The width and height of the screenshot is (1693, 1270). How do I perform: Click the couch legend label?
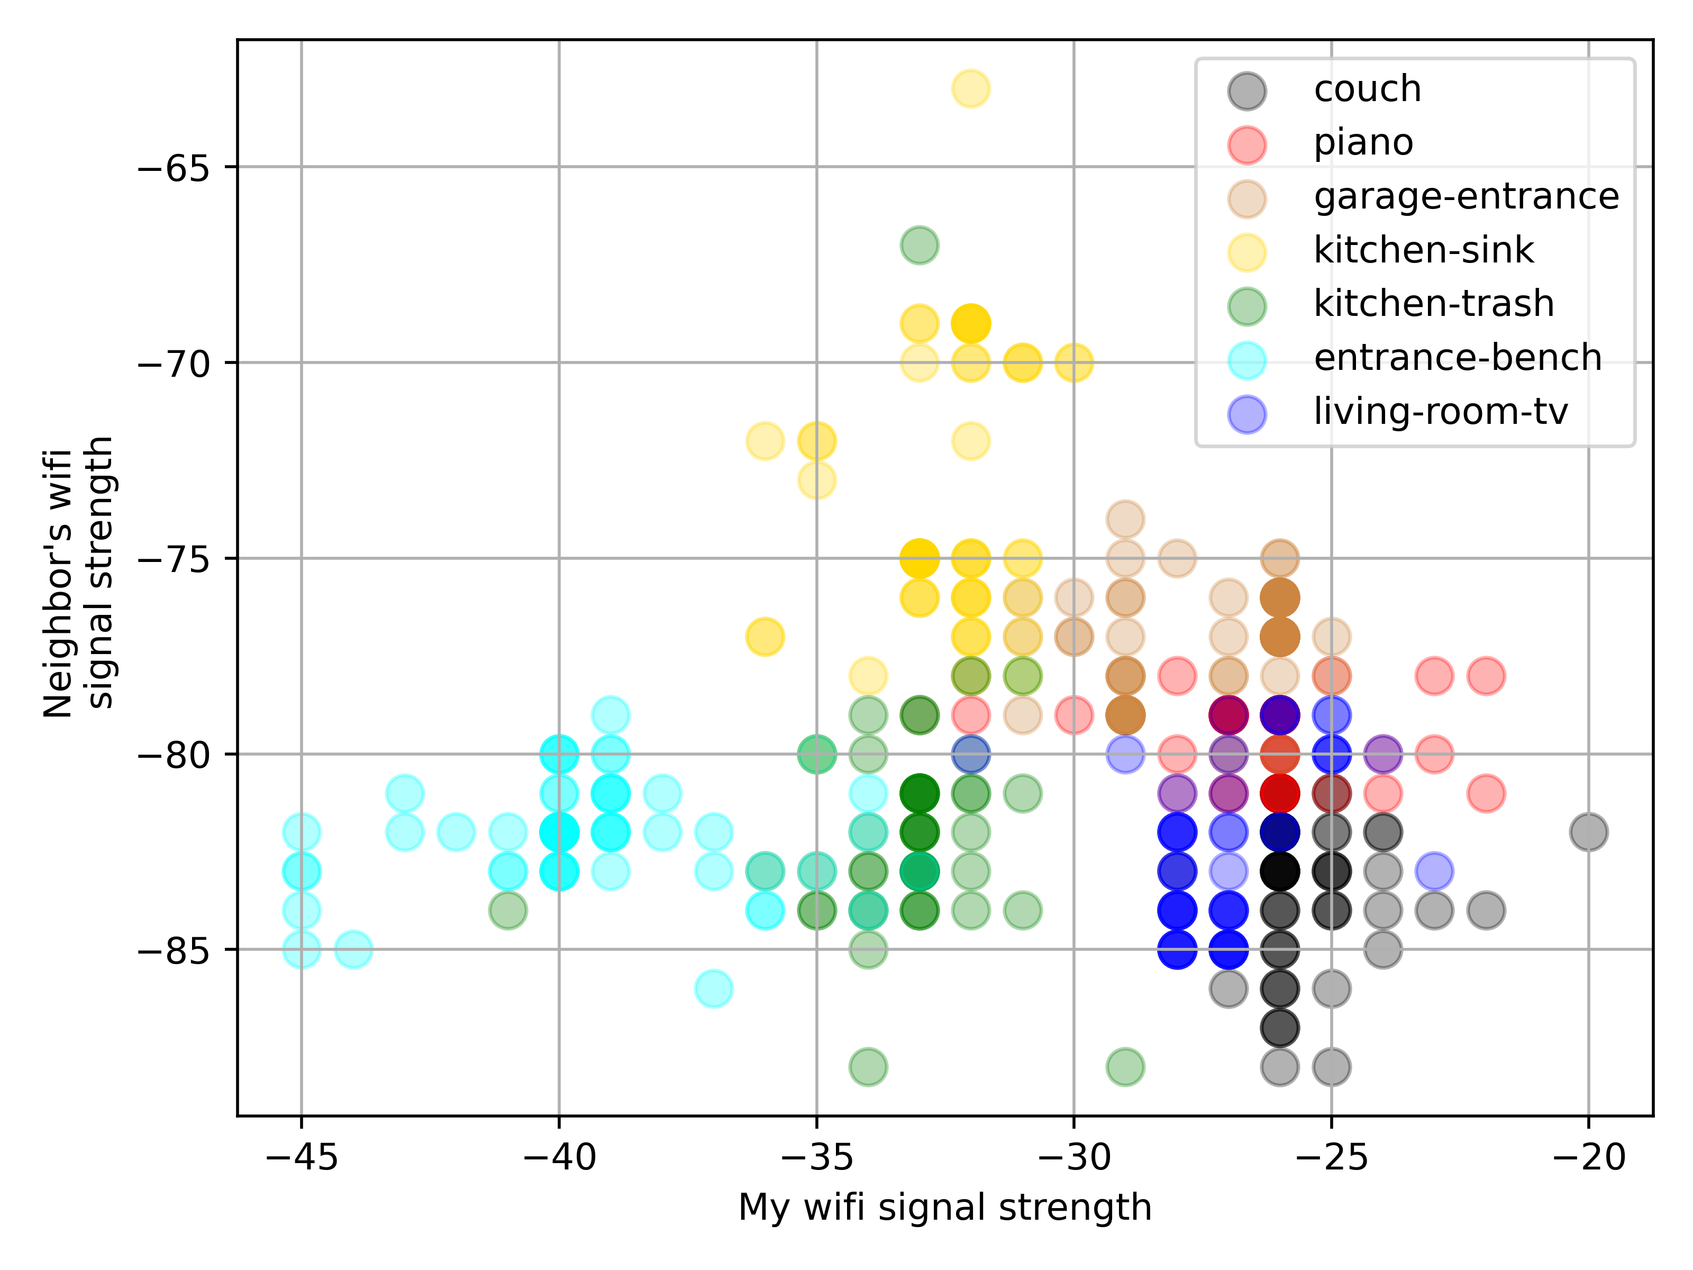1367,89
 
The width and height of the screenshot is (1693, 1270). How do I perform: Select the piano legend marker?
1247,144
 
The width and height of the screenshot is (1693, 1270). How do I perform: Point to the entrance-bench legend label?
1457,358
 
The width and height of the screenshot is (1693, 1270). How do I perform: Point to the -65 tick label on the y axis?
173,168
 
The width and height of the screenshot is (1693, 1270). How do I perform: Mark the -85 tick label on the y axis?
173,950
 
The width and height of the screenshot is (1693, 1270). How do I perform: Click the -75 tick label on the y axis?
173,559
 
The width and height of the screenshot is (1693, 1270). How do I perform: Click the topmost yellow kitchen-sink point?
970,89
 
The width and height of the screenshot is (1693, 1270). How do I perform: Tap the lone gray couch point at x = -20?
1589,832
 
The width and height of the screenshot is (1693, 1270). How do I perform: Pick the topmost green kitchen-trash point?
919,246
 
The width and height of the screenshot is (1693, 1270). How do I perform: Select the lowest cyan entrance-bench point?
713,988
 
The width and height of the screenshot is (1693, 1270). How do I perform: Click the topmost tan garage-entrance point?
1125,519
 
